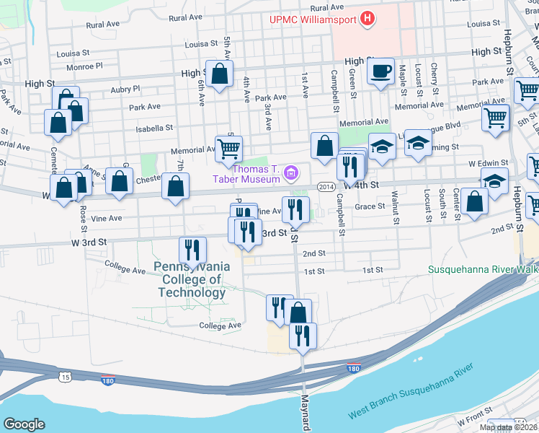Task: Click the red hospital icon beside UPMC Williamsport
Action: tap(368, 18)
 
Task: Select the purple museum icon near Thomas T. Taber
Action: tap(291, 172)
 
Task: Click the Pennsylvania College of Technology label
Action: tap(192, 279)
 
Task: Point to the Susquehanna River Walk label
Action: tap(483, 269)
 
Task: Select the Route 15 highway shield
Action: tap(66, 377)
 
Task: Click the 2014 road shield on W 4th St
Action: tap(325, 187)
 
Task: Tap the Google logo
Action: tap(24, 424)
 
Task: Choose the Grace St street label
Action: tap(370, 206)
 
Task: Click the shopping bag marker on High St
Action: tap(219, 72)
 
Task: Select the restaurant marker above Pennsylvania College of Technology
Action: tap(192, 249)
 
